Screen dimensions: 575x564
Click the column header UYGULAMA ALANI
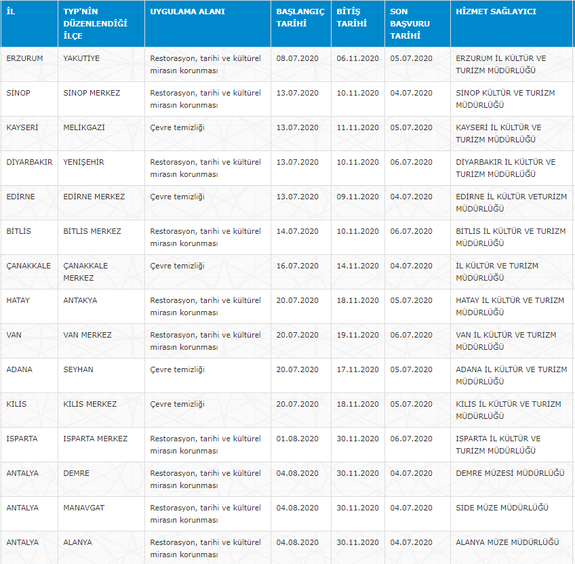[x=187, y=12]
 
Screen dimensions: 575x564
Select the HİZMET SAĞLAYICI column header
[x=496, y=12]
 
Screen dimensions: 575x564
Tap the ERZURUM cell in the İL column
[x=24, y=58]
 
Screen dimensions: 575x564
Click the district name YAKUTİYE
[x=81, y=58]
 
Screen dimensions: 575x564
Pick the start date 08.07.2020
[x=298, y=58]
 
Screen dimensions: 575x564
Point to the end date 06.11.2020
[x=357, y=58]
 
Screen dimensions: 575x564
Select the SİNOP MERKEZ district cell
[x=92, y=93]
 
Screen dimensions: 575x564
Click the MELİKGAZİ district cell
[x=84, y=127]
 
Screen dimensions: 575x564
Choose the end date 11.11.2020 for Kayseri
[x=357, y=127]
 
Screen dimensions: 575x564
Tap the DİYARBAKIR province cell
[x=29, y=162]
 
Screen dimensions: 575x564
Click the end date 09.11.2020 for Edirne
[x=357, y=197]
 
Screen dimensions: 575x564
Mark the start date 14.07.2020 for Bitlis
[x=298, y=231]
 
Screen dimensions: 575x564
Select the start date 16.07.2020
[x=298, y=266]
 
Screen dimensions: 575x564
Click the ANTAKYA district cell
[x=80, y=300]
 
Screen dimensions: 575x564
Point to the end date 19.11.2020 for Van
[x=357, y=335]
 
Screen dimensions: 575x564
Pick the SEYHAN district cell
[x=78, y=369]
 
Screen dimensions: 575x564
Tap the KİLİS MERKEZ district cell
[x=90, y=404]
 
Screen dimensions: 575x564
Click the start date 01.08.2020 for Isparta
[x=298, y=439]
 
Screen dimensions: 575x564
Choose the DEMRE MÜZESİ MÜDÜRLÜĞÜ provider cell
[x=510, y=473]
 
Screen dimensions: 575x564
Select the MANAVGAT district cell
[x=84, y=508]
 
